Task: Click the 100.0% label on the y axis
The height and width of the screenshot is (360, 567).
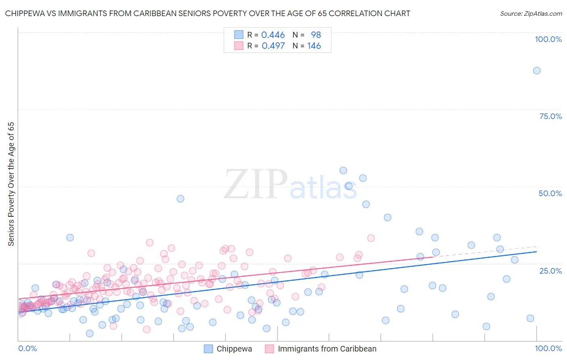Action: [548, 39]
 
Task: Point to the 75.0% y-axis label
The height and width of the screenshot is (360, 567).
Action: [550, 116]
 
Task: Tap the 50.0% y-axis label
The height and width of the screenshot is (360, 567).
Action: [550, 193]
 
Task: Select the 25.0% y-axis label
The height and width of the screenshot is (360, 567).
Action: [550, 270]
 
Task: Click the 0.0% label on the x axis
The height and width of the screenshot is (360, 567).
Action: [27, 348]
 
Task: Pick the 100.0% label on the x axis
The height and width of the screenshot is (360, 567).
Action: [548, 348]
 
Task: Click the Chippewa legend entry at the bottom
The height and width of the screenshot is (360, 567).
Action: [234, 349]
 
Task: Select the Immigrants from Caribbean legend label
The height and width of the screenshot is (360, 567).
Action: [327, 349]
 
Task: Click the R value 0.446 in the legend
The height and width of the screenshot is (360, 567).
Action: [273, 35]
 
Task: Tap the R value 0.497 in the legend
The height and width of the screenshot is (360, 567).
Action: [273, 46]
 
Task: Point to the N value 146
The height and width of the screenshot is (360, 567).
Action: [314, 46]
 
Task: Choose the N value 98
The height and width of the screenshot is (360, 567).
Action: [316, 35]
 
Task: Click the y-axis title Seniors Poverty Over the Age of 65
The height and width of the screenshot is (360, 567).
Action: [11, 184]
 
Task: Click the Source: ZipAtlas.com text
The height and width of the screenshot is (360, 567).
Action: [531, 13]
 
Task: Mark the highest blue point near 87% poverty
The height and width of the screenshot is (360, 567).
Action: [536, 71]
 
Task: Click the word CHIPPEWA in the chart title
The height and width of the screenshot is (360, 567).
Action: [25, 13]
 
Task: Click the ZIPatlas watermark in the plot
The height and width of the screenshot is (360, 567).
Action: [290, 185]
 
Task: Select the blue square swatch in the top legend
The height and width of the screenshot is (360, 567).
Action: [239, 35]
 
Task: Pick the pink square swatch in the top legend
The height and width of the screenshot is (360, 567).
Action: [239, 46]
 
